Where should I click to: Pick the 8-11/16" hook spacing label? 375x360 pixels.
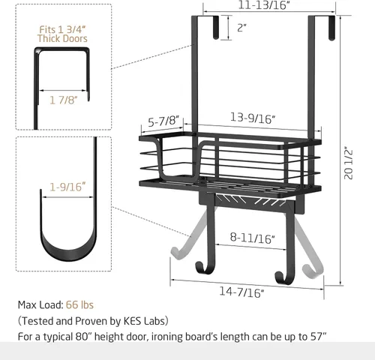253,238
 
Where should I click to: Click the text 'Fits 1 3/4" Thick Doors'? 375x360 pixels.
63,33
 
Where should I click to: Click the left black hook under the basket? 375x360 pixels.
202,262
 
